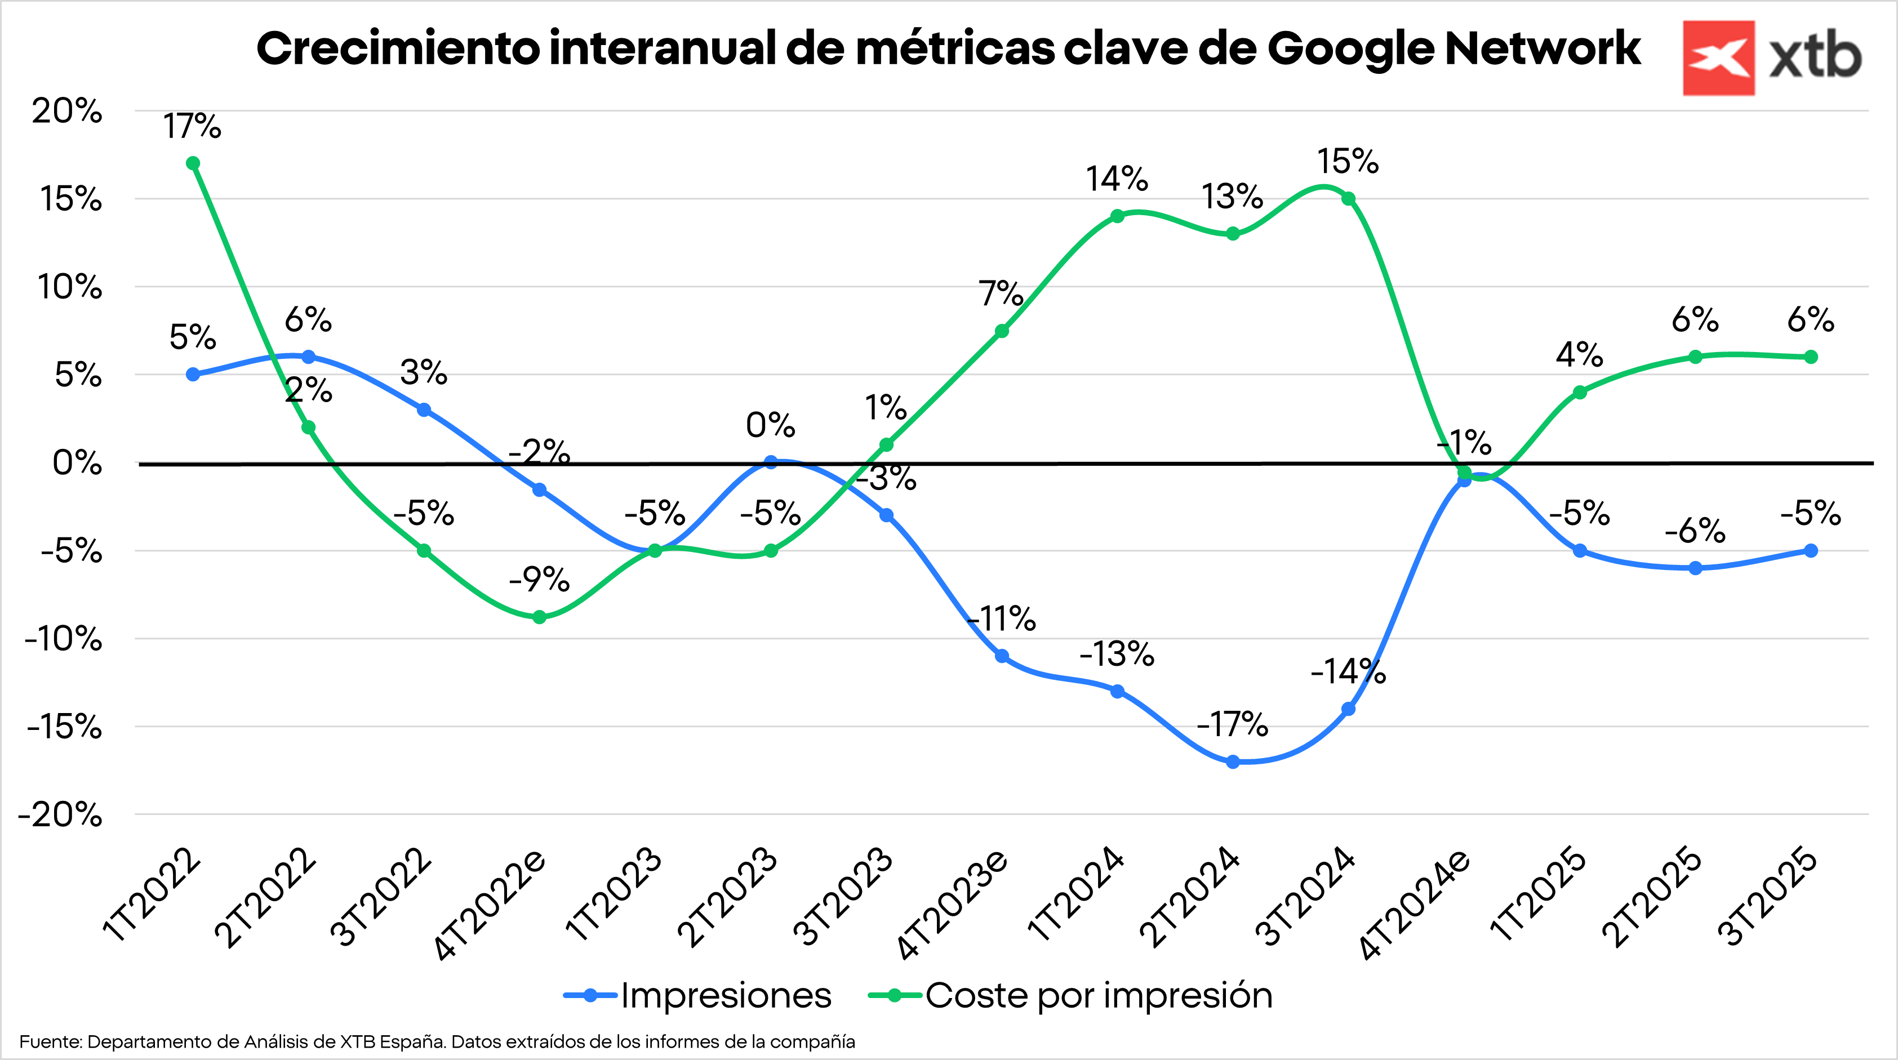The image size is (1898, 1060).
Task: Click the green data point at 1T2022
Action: tap(193, 163)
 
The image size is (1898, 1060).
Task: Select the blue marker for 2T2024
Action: tap(1233, 761)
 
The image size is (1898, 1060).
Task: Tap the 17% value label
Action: tap(192, 127)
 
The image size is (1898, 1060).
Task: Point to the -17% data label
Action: tap(1233, 725)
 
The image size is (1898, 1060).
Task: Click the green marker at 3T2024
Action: tap(1348, 199)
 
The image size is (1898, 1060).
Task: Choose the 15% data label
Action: tap(1348, 161)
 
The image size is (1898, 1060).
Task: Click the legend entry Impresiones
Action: tap(725, 995)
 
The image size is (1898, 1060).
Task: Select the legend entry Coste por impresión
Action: tap(1098, 995)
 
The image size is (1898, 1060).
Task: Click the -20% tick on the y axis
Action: tap(60, 814)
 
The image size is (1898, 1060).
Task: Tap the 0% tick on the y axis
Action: tap(77, 464)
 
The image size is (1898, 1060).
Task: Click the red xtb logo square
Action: tap(1718, 58)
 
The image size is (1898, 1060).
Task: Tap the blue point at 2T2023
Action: tap(771, 462)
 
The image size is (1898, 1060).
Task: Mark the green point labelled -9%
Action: tap(539, 617)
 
